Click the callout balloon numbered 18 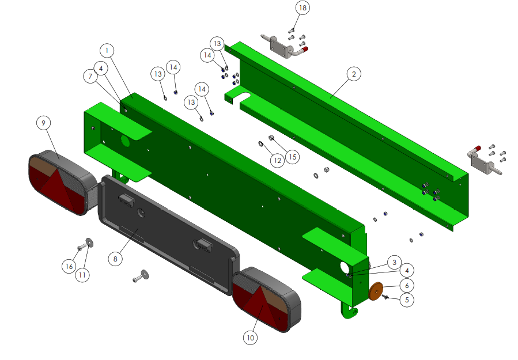(x=303, y=8)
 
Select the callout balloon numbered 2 (x=354, y=74)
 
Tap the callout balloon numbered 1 (x=107, y=51)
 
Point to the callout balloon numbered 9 (x=43, y=123)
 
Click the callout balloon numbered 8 (x=115, y=259)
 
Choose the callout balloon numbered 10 (x=250, y=338)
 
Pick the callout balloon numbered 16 (x=69, y=266)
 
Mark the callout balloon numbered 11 (x=82, y=275)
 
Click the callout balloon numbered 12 (x=277, y=161)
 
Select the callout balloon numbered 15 (x=293, y=157)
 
